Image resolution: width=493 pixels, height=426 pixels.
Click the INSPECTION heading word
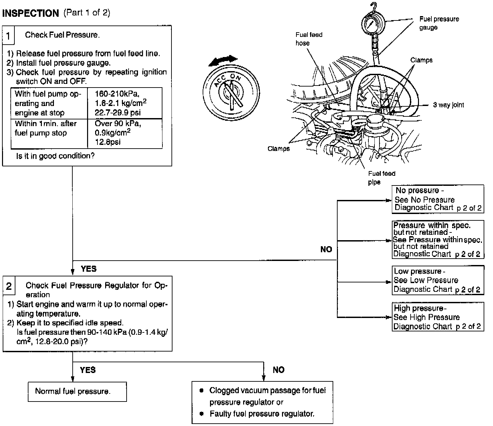(30, 13)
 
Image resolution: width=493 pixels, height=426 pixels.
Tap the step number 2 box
(9, 286)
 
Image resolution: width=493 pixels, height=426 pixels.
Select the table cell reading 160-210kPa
(125, 103)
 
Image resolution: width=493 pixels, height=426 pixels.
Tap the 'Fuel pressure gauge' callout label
(439, 23)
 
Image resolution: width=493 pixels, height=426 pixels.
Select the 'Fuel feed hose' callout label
(309, 39)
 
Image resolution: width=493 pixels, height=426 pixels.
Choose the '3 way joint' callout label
(448, 105)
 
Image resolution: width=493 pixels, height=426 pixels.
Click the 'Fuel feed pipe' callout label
(381, 178)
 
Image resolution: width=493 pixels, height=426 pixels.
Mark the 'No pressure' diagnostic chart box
(438, 199)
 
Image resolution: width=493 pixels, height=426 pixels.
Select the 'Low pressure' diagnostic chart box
(438, 280)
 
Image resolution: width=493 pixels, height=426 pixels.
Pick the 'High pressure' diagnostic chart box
(438, 317)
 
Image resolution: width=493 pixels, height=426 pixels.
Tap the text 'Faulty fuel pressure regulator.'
(262, 414)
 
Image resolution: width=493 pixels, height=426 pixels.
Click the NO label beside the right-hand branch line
(326, 249)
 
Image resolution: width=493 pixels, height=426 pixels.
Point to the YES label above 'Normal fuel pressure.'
(88, 370)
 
